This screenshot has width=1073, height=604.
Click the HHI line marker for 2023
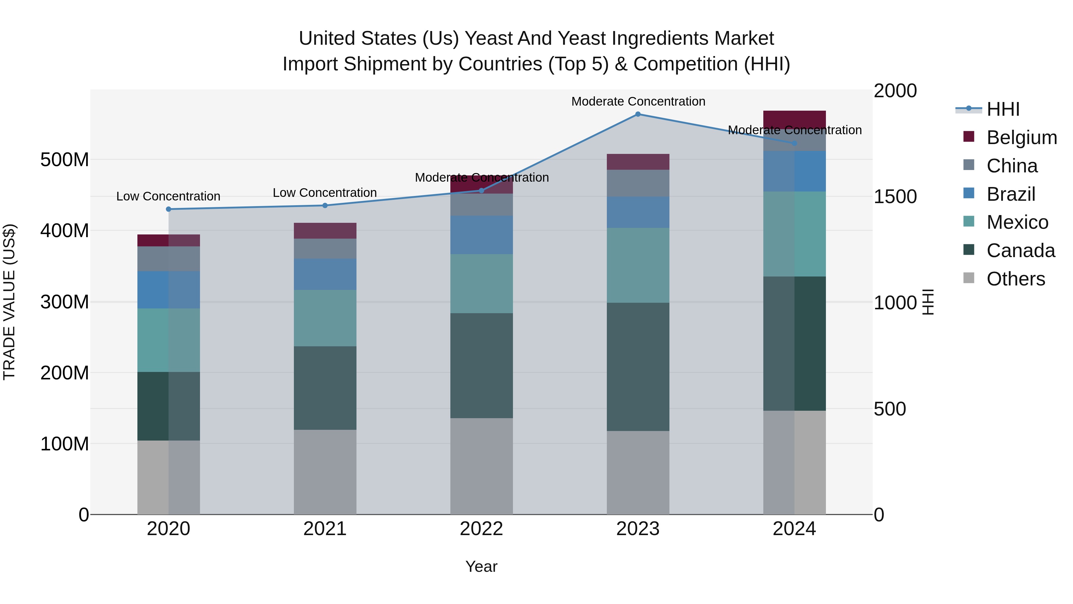[638, 114]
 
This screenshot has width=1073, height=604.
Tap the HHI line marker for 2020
[169, 209]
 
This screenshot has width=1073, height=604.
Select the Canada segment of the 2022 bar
[482, 366]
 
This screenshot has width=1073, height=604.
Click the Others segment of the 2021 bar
[325, 472]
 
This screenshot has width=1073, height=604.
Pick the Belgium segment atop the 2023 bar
[638, 162]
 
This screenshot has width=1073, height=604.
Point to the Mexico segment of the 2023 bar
[638, 265]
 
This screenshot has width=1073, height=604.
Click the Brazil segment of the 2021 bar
[325, 274]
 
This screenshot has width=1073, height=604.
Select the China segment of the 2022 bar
[482, 205]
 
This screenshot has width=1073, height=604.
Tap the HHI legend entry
[1003, 109]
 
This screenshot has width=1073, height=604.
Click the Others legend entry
[1015, 279]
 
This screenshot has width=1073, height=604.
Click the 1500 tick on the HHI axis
[895, 197]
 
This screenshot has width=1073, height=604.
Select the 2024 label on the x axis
[794, 529]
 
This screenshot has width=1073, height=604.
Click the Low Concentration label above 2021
[325, 193]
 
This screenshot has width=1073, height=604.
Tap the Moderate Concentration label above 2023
[638, 101]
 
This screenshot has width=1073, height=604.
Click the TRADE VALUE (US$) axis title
[9, 302]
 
